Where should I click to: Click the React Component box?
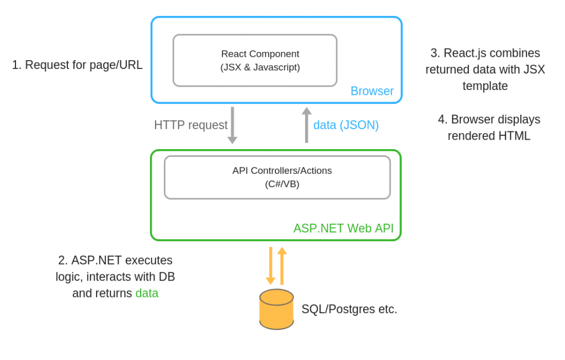(x=254, y=60)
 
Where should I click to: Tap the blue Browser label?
(x=372, y=91)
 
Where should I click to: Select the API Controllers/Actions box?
(x=277, y=177)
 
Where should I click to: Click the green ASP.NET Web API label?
(x=343, y=229)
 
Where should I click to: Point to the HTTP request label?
(x=190, y=125)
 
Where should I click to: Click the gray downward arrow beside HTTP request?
(x=232, y=125)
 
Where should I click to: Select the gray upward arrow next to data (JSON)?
(x=307, y=125)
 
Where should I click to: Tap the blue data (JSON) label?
(x=346, y=125)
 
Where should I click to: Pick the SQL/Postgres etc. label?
(x=349, y=309)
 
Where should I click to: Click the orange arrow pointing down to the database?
(x=270, y=266)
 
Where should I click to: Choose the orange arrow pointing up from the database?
(x=282, y=266)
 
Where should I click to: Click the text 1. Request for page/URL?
(x=77, y=65)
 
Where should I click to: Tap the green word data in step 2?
(x=147, y=293)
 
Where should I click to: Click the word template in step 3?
(x=485, y=86)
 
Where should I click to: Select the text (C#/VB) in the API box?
(x=282, y=184)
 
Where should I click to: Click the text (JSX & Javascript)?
(x=260, y=67)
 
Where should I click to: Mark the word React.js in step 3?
(x=467, y=53)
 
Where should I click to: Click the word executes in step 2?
(x=149, y=260)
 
